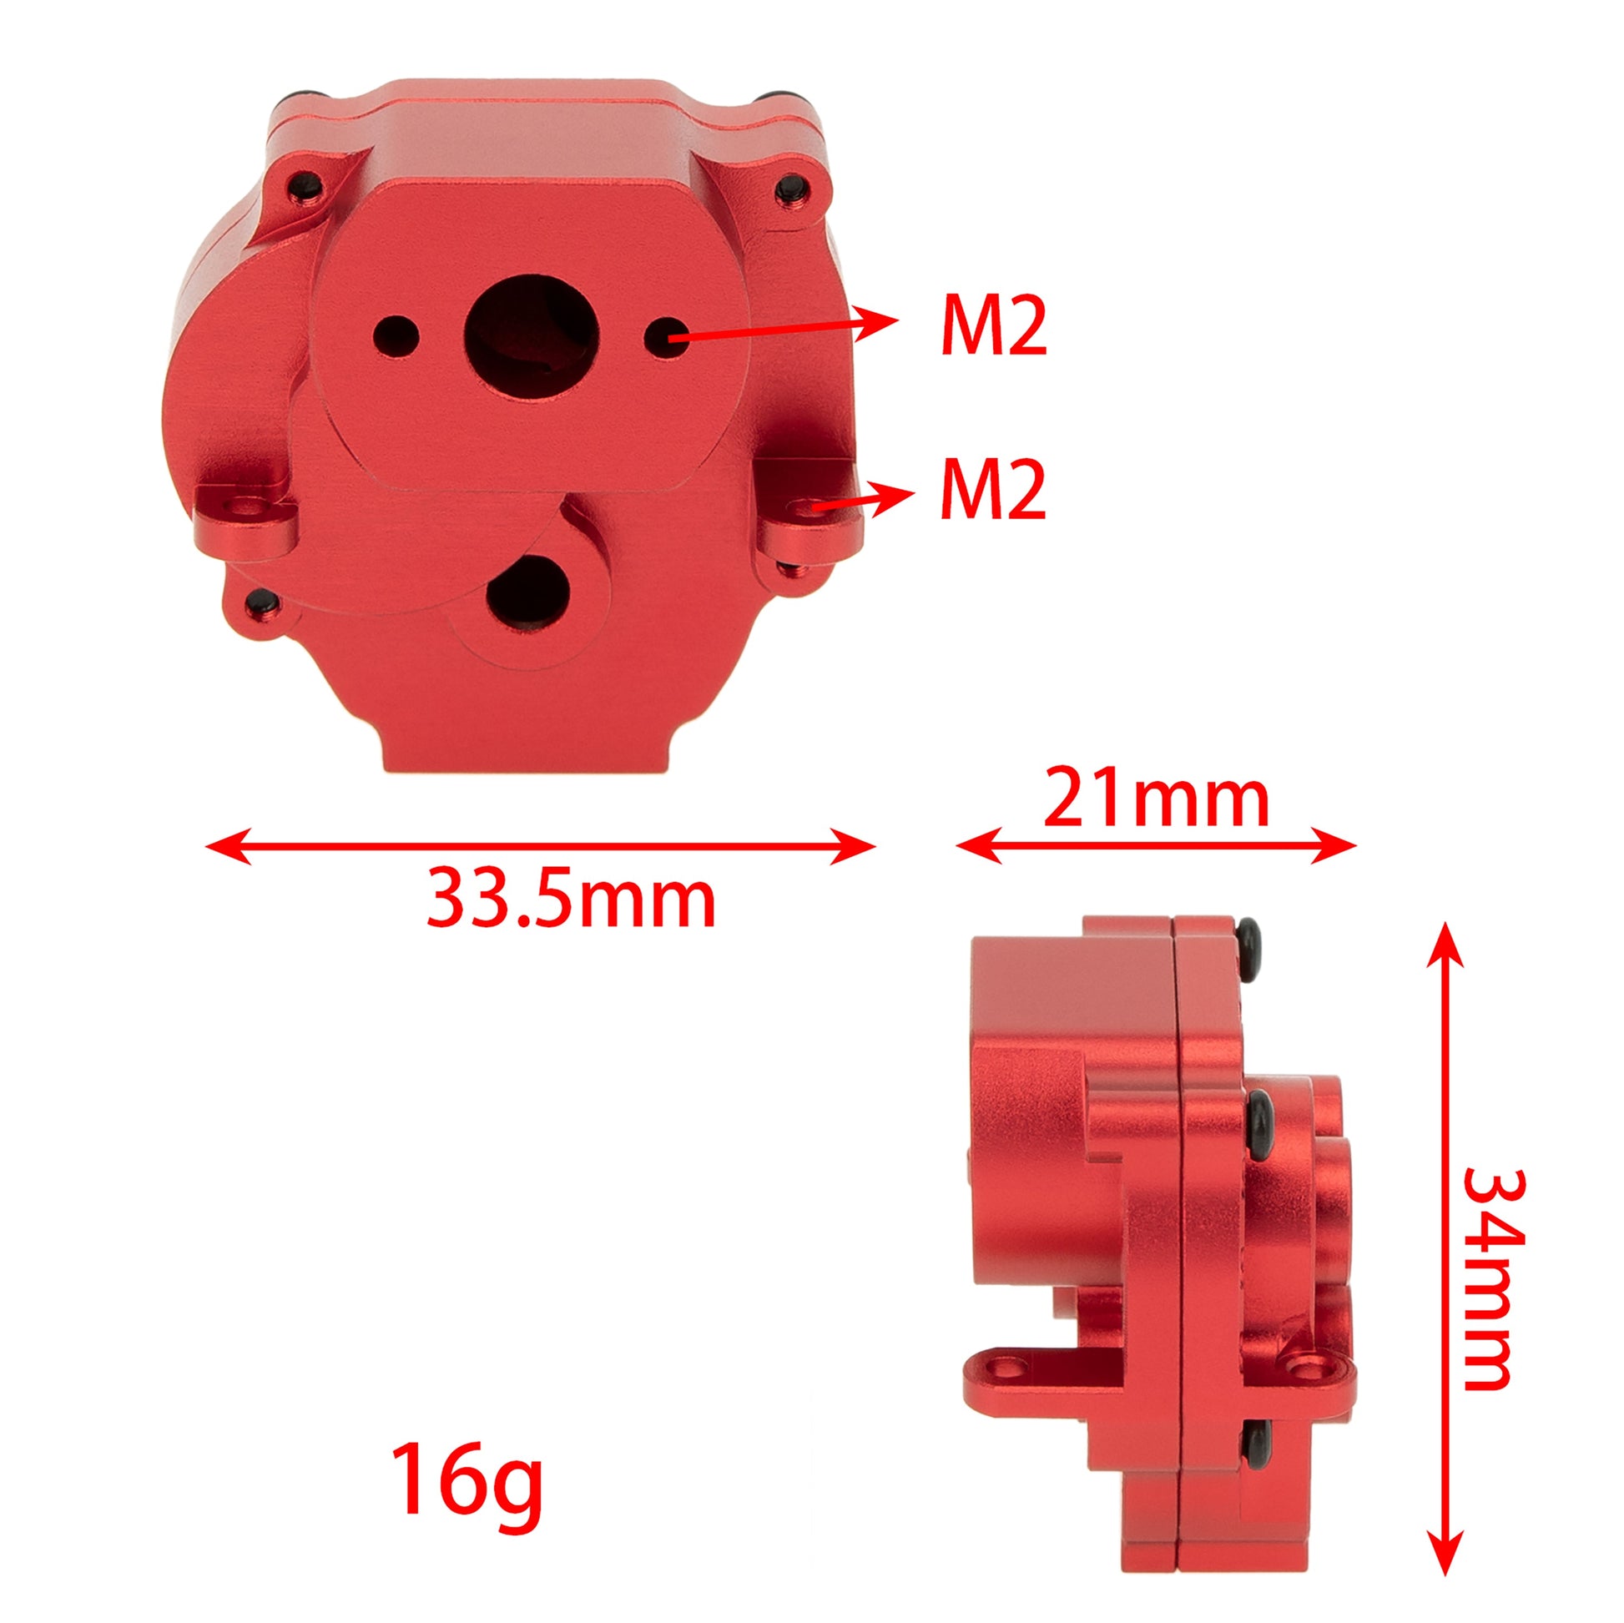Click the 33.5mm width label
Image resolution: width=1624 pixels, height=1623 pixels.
[x=571, y=901]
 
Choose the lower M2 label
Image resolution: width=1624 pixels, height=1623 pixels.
[x=994, y=489]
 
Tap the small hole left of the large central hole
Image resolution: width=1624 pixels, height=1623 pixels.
[x=397, y=336]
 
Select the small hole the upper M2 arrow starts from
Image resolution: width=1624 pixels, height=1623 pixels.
[x=667, y=338]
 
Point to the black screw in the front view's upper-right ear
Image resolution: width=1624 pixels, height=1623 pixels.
[x=790, y=185]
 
